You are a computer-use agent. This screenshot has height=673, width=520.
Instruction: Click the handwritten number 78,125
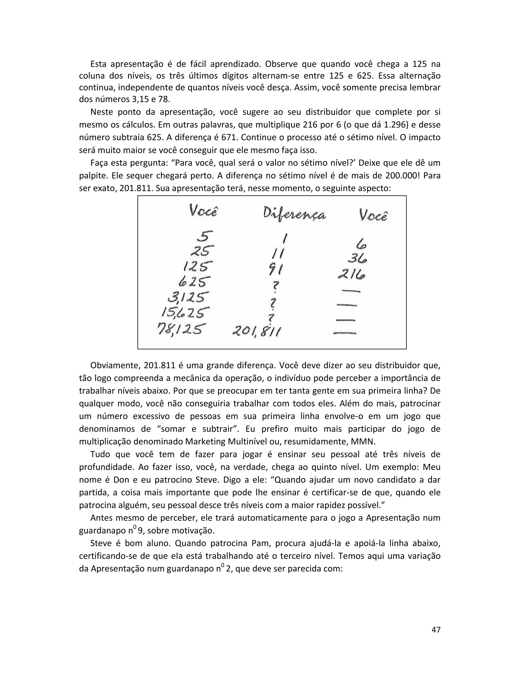(x=180, y=329)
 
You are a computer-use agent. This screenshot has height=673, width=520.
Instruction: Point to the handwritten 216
(x=351, y=274)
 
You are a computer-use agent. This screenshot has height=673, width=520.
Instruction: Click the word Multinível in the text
(x=247, y=442)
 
